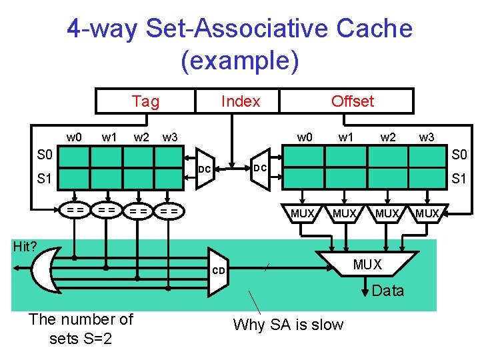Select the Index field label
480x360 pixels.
pyautogui.click(x=240, y=101)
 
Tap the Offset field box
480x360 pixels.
pyautogui.click(x=352, y=101)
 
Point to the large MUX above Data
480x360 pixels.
pyautogui.click(x=367, y=265)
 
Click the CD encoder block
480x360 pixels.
pyautogui.click(x=219, y=271)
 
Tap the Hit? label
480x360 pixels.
pyautogui.click(x=25, y=247)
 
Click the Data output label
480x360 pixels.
pyautogui.click(x=387, y=291)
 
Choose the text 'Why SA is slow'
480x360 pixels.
pyautogui.click(x=288, y=325)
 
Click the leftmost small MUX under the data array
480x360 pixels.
pyautogui.click(x=303, y=213)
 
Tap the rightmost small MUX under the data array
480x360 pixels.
pyautogui.click(x=427, y=213)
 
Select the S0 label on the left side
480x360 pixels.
pyautogui.click(x=45, y=156)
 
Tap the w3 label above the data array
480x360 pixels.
pyautogui.click(x=427, y=137)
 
